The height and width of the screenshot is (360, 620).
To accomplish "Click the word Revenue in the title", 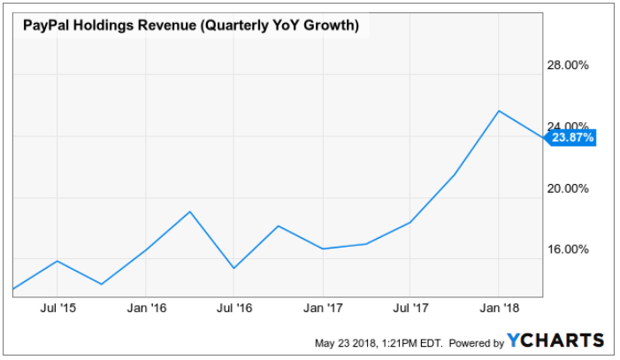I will tap(157, 26).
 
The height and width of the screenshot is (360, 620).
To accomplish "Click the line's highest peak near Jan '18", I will tap(499, 111).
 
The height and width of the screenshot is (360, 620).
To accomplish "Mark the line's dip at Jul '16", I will tap(233, 268).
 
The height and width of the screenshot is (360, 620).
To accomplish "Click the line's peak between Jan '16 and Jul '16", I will tap(189, 211).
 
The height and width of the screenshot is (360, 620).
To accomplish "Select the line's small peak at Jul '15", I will tap(57, 260).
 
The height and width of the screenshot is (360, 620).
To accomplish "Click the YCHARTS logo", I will tap(556, 341).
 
